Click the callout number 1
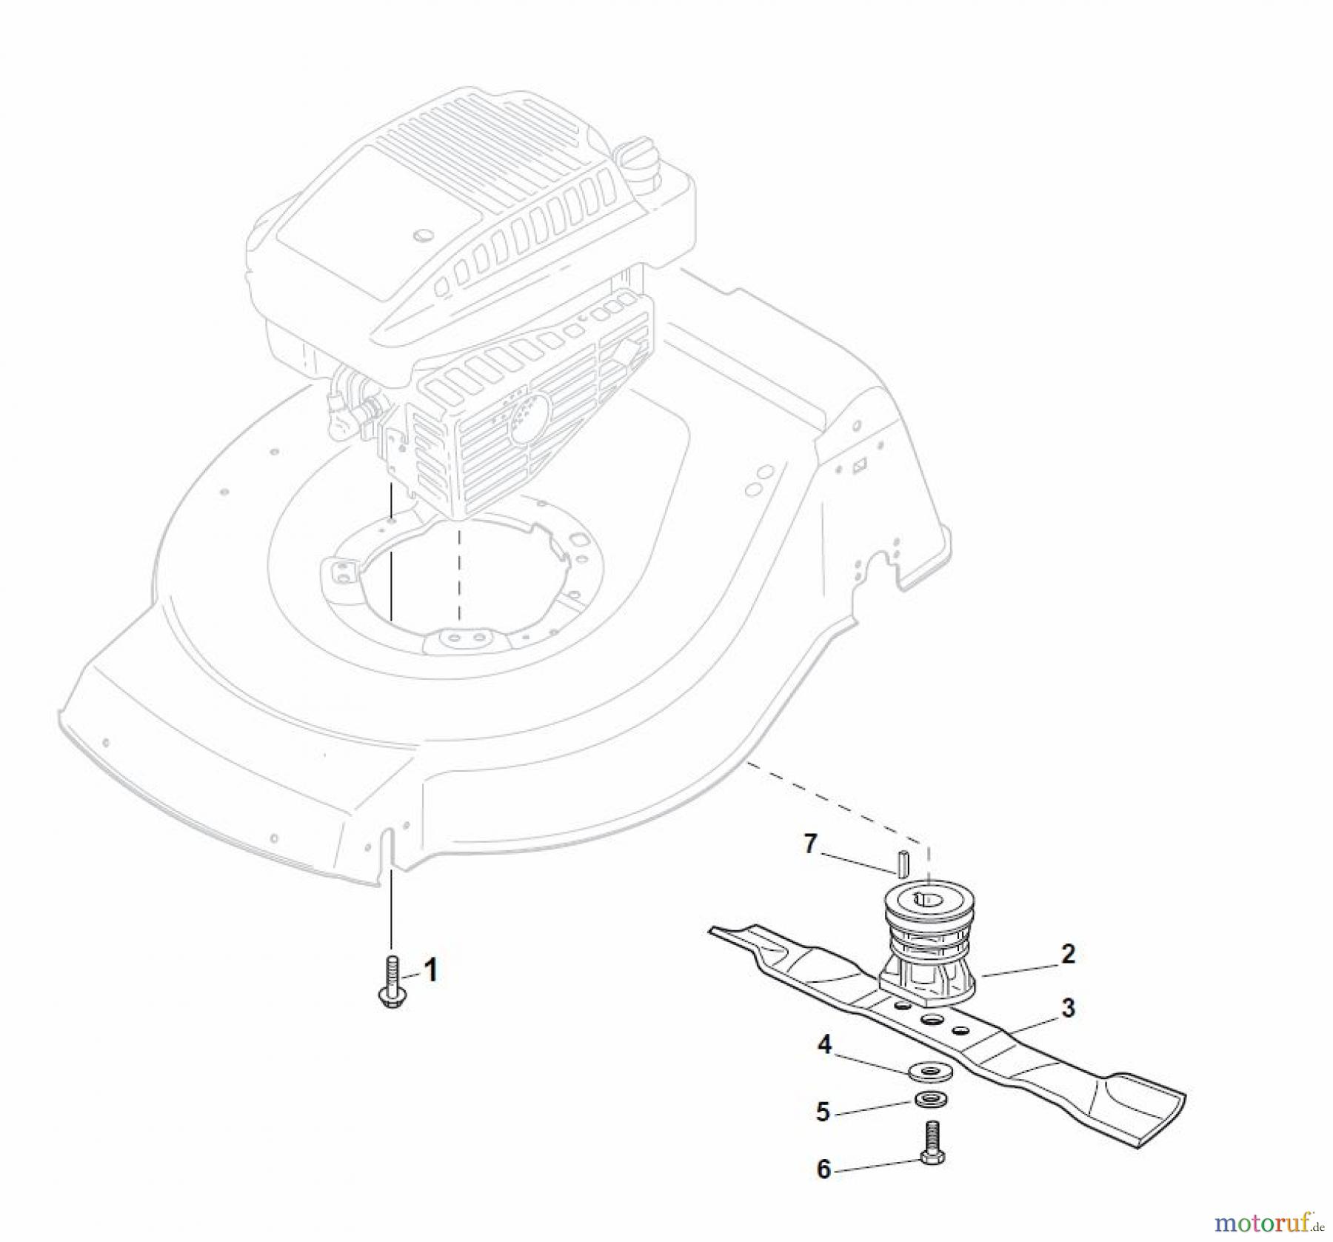tap(430, 969)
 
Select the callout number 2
tap(1067, 953)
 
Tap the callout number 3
tap(1068, 1008)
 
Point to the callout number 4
tap(824, 1045)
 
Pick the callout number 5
tap(823, 1112)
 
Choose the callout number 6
tap(823, 1169)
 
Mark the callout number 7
tap(810, 844)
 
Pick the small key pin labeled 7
tap(902, 864)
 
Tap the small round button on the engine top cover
tap(423, 236)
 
